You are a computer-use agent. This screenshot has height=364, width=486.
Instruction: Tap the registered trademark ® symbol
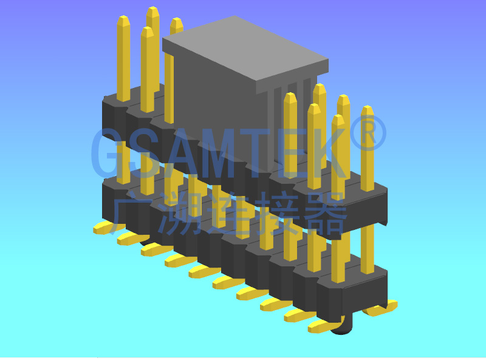click(369, 136)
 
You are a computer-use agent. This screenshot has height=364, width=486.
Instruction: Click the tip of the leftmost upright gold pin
click(123, 20)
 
